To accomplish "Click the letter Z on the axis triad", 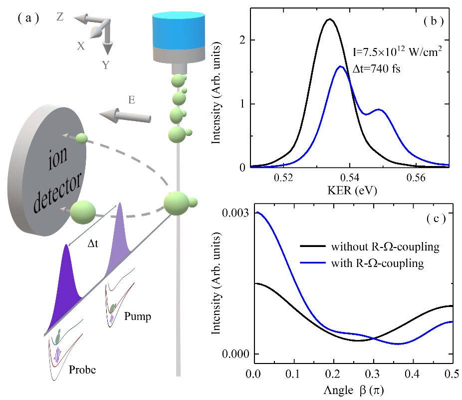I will [60, 17].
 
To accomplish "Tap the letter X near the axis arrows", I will [81, 46].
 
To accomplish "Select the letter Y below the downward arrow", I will [105, 65].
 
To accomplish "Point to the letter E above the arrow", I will [132, 100].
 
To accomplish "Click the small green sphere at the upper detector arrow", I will [81, 138].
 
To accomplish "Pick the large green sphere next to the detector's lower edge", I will [83, 212].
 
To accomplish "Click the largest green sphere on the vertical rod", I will [177, 203].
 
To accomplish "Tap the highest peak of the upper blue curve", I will [341, 67].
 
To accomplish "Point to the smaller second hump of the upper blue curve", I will [379, 109].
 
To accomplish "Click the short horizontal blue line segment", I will [313, 262].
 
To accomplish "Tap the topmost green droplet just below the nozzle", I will [178, 80].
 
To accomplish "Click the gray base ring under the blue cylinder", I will [179, 54].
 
